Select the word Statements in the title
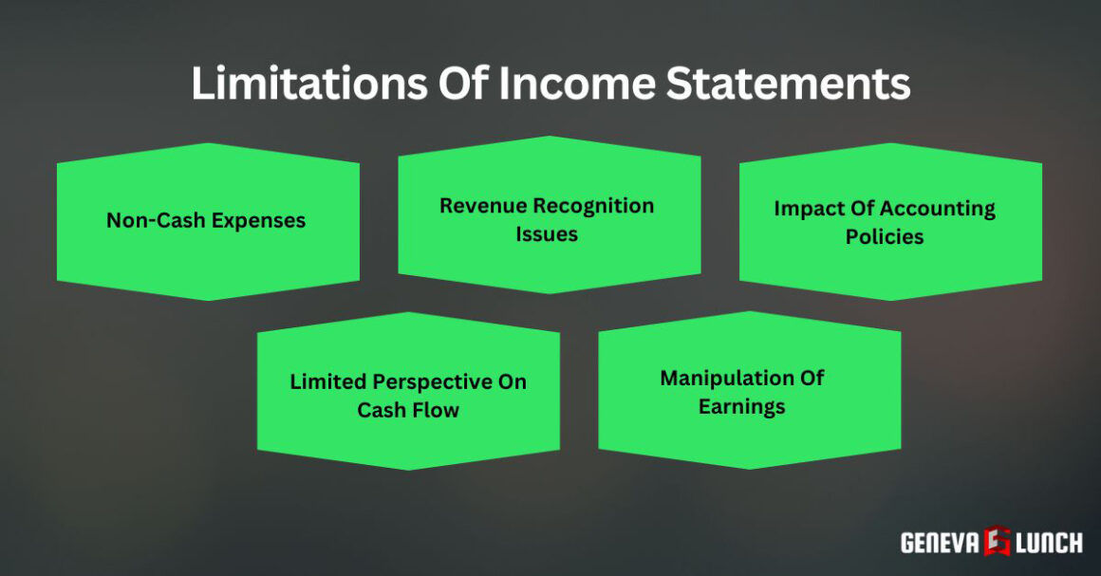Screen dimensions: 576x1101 point(787,84)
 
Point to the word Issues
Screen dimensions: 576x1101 point(547,233)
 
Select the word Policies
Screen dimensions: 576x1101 point(885,236)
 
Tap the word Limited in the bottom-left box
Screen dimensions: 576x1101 point(326,381)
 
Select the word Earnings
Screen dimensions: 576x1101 point(742,406)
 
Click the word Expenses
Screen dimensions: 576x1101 point(259,220)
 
